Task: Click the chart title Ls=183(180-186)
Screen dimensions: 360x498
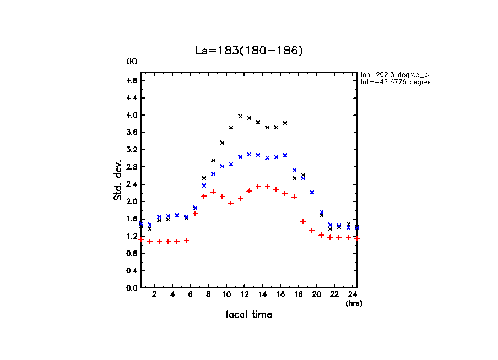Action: click(249, 51)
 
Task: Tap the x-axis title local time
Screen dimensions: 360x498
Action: click(248, 315)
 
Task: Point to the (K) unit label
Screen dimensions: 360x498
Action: click(132, 61)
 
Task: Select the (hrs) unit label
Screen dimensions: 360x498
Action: click(354, 303)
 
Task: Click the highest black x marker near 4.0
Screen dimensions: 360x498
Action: click(240, 116)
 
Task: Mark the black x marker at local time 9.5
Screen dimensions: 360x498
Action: click(222, 143)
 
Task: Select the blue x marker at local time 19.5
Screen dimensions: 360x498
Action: click(312, 192)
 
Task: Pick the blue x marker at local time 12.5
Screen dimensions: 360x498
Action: click(249, 154)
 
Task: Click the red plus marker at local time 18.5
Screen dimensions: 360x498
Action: click(303, 221)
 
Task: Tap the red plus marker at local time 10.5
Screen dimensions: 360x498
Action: click(231, 203)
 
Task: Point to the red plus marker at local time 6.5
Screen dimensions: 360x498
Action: click(195, 214)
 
